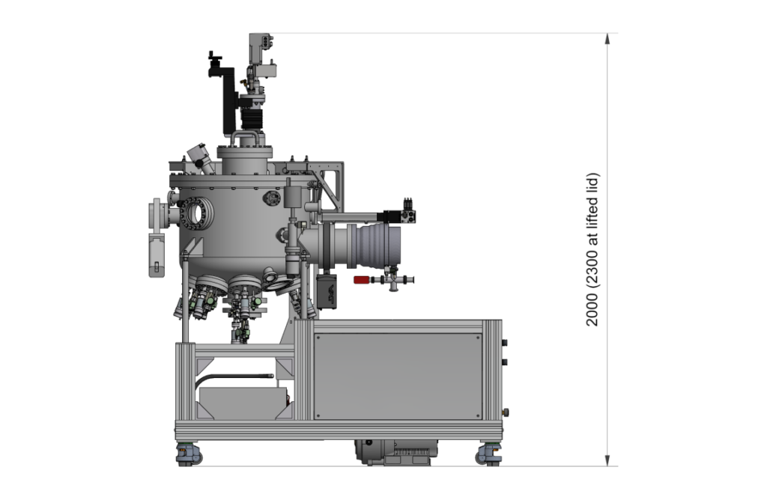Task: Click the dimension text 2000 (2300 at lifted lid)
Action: tap(592, 249)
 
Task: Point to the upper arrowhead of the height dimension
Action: tap(607, 39)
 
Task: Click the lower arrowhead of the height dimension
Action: tap(607, 460)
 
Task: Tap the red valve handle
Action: tap(362, 280)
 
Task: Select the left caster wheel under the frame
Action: tap(188, 455)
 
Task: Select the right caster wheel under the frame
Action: tap(488, 455)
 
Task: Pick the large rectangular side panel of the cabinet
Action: tap(398, 376)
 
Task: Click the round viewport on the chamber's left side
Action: tap(197, 213)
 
